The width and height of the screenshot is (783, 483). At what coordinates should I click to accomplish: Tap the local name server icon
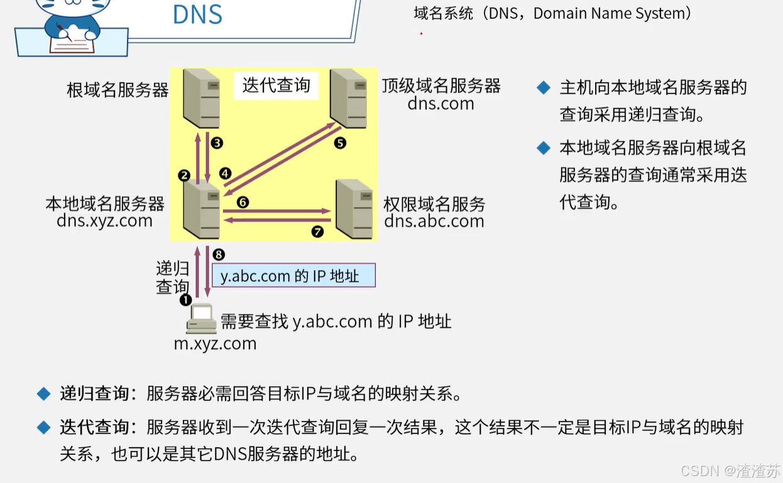201,209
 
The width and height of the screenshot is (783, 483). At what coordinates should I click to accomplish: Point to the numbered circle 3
217,143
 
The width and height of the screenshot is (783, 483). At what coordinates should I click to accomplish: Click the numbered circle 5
340,143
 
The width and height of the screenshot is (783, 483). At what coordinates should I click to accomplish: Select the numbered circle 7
317,232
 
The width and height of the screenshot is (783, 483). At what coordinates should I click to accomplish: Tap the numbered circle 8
219,254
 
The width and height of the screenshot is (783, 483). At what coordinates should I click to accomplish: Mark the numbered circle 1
185,300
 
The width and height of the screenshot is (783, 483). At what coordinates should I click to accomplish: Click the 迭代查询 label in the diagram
277,85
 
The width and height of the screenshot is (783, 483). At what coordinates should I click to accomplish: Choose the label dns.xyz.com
104,221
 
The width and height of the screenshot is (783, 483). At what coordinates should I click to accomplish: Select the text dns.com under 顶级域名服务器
441,104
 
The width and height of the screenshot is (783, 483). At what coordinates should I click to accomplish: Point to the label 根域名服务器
118,90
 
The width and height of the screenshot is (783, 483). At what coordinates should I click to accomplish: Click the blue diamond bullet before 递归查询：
43,394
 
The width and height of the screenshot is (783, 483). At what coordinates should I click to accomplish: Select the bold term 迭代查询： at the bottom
98,428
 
